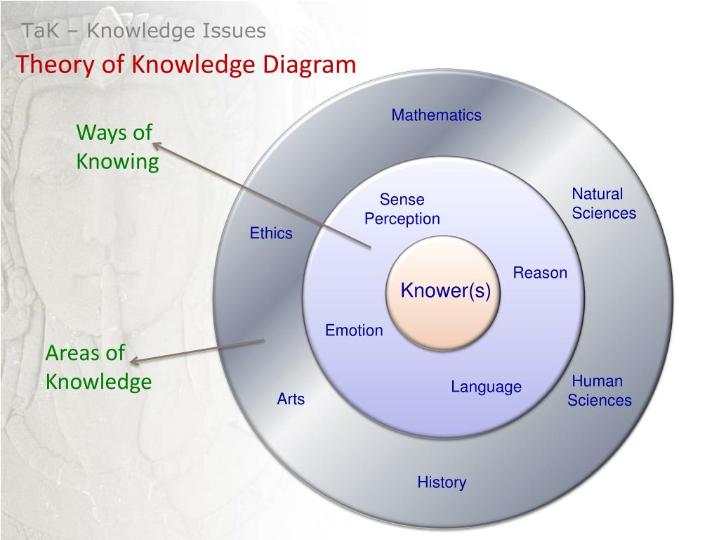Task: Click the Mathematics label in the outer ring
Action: [436, 115]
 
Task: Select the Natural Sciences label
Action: [603, 204]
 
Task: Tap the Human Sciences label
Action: [599, 391]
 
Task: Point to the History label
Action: [442, 482]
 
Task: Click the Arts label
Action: [291, 399]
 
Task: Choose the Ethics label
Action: [271, 233]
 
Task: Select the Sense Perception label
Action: [402, 210]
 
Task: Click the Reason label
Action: [540, 273]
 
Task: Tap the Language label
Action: [486, 387]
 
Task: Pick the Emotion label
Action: [354, 330]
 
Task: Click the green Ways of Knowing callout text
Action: [117, 147]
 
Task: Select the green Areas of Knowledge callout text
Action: [98, 367]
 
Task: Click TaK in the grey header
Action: [35, 31]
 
